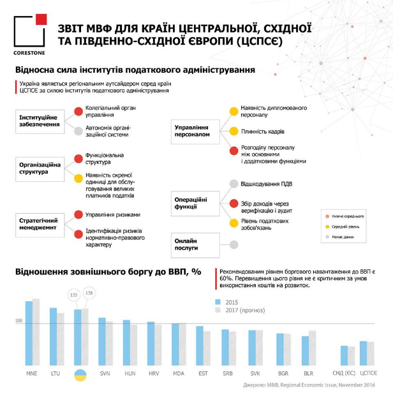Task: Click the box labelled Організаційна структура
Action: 40,168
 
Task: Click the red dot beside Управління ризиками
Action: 78,214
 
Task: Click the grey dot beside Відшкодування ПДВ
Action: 234,184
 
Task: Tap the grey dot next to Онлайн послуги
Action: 234,244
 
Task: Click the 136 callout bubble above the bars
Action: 89,293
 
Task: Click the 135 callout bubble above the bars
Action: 73,295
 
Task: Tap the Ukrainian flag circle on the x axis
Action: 81,374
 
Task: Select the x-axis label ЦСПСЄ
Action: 368,373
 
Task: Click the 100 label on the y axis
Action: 19,321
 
